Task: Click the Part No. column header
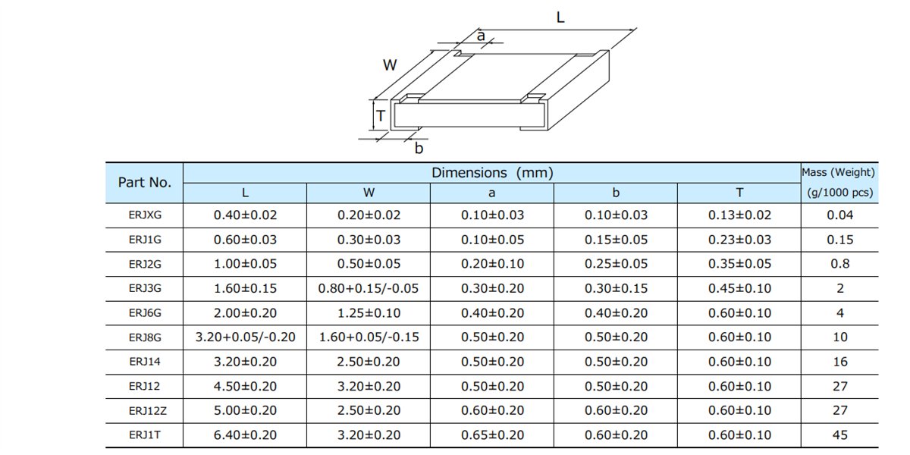coord(145,182)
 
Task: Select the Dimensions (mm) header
coord(492,173)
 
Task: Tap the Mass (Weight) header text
coord(839,173)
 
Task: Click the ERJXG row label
coord(145,215)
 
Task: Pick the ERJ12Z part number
coord(145,411)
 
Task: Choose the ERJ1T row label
coord(145,435)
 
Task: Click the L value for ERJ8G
coord(245,337)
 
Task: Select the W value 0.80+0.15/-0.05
coord(369,289)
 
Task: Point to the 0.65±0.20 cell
coord(492,435)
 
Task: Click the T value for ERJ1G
coord(739,240)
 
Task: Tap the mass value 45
coord(840,435)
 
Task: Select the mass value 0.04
coord(840,215)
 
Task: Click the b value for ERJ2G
coord(616,265)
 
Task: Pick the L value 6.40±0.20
coord(245,435)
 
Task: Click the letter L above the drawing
coord(560,17)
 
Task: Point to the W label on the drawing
coord(390,65)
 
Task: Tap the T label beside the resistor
coord(381,117)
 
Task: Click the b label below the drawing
coord(419,149)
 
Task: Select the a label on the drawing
coord(480,35)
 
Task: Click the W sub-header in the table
coord(369,193)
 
